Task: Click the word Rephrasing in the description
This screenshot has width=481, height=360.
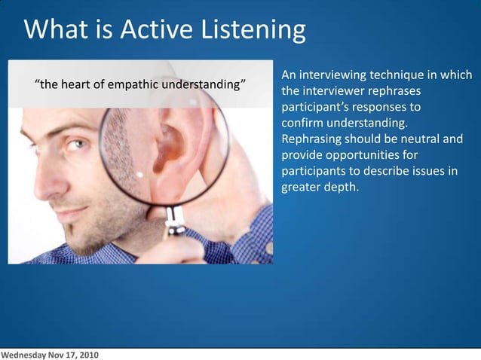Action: point(311,139)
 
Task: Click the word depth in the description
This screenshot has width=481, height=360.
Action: point(341,187)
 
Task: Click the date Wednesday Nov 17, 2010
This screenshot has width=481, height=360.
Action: point(49,354)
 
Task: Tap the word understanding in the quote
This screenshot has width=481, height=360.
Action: point(208,83)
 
